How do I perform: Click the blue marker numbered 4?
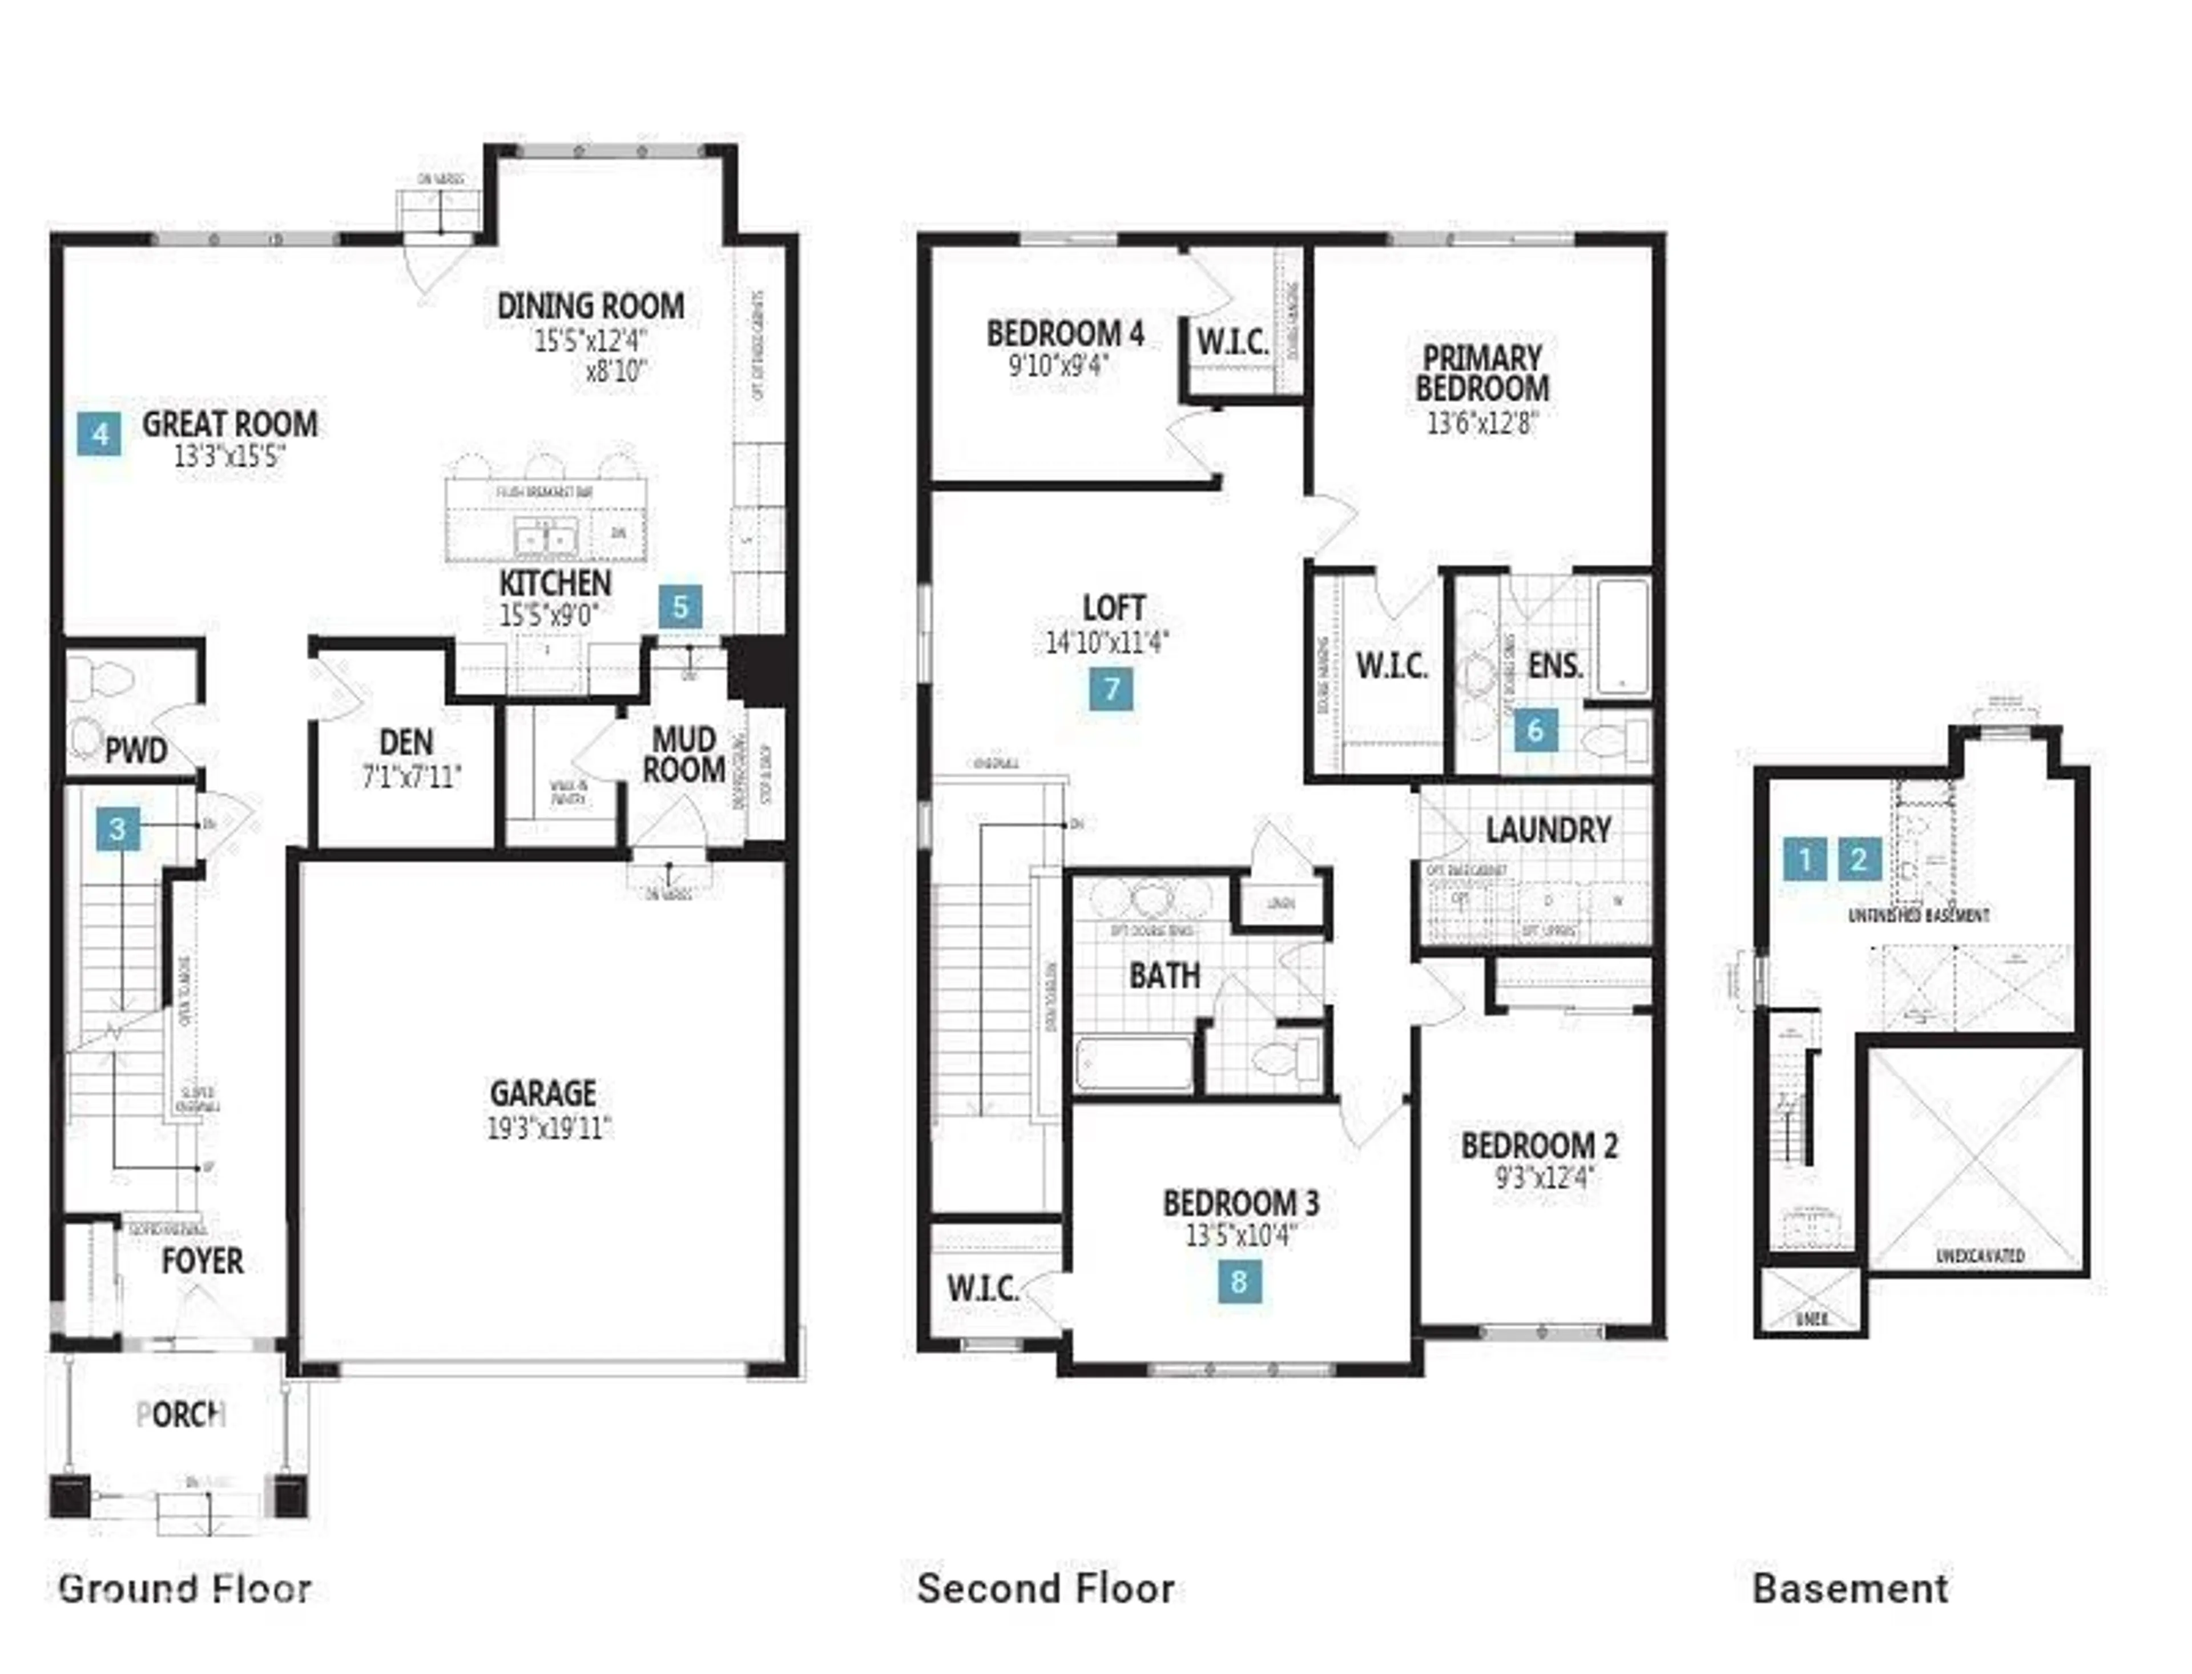(x=100, y=434)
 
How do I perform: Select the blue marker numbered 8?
(x=1239, y=1281)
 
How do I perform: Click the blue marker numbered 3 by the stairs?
(x=118, y=828)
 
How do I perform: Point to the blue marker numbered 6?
(x=1534, y=730)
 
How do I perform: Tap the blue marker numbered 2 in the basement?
(x=1858, y=859)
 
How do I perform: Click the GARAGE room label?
(x=543, y=1093)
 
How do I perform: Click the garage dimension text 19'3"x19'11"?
(x=549, y=1128)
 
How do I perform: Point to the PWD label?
(x=136, y=750)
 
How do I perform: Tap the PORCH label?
(x=180, y=1414)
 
